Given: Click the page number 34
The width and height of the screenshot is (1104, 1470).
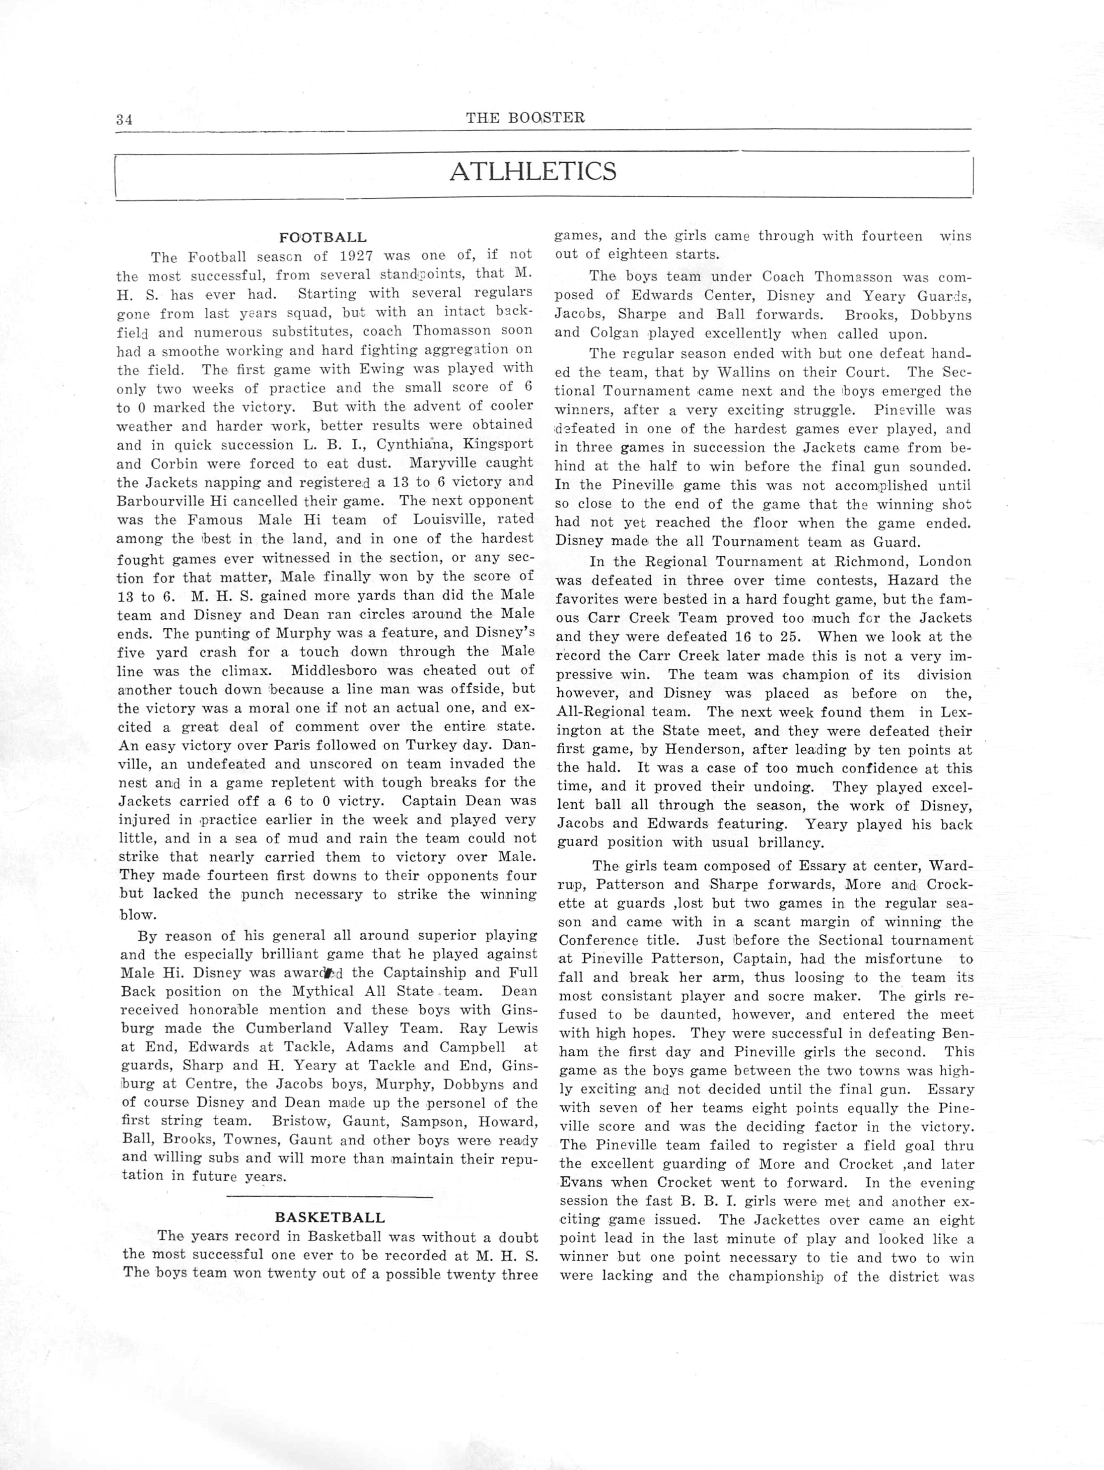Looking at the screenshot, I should [124, 119].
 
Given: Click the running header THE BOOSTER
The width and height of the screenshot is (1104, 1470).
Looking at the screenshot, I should [525, 118].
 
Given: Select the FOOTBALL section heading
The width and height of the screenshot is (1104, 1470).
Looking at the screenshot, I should [323, 237].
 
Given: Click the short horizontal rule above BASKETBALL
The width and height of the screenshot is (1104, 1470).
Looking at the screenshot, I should [329, 1197].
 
